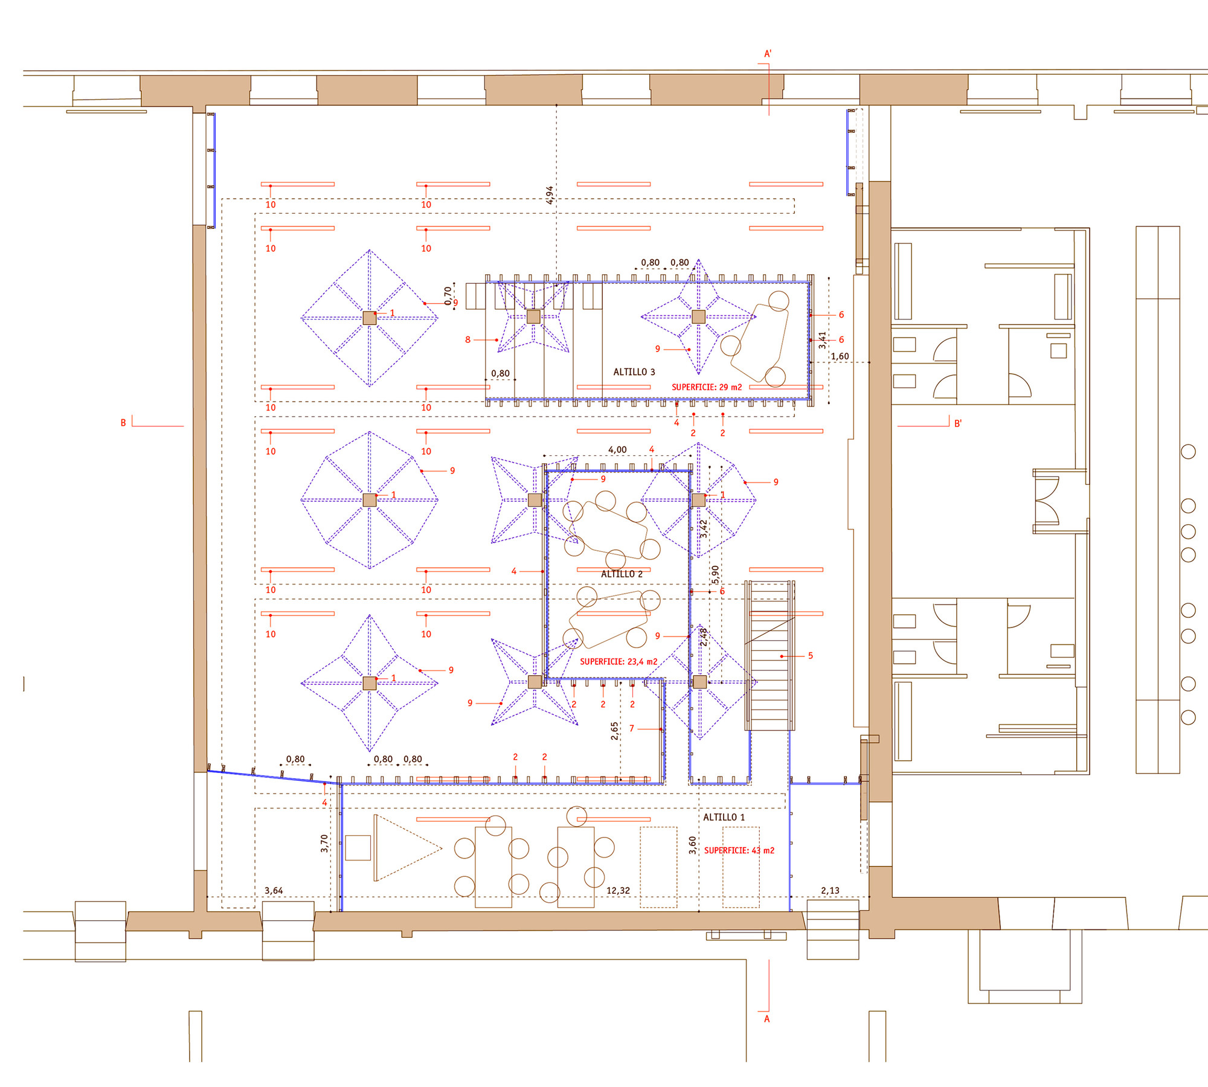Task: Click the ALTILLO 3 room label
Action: pos(634,372)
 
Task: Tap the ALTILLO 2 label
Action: pos(622,574)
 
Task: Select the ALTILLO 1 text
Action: pos(724,817)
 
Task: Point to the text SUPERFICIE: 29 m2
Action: pos(707,387)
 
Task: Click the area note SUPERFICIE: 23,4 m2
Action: pos(618,662)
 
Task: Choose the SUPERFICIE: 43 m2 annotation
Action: pos(739,850)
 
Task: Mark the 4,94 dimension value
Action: pos(550,195)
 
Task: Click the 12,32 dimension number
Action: pos(618,891)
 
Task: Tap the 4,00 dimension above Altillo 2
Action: pos(617,450)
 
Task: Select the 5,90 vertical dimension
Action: pos(715,575)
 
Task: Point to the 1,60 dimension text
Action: pos(840,356)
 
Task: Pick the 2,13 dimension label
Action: pos(830,891)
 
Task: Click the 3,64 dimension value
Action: pos(274,891)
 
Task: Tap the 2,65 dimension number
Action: pos(614,731)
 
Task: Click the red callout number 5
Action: pos(811,656)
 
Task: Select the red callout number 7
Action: pos(632,729)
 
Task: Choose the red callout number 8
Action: pos(467,340)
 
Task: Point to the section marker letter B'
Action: pos(957,424)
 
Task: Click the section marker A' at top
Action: pos(768,54)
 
